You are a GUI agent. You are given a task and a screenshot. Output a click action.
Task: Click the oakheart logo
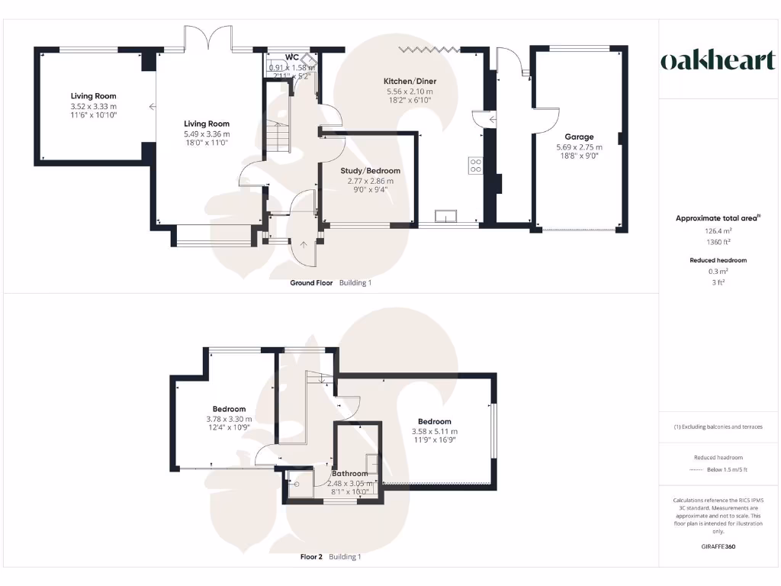[x=717, y=61]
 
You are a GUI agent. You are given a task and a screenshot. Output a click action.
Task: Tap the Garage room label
[x=579, y=137]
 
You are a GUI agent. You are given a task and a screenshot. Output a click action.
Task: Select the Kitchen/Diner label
[x=410, y=81]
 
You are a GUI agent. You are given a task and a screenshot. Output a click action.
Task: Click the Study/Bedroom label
[x=370, y=171]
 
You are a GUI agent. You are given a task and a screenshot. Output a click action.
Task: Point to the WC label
[x=291, y=57]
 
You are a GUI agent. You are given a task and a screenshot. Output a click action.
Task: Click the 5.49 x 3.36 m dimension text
[x=207, y=134]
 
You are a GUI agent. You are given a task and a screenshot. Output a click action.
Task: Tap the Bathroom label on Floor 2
[x=350, y=474]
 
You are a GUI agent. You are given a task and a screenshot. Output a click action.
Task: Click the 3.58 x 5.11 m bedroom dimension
[x=434, y=431]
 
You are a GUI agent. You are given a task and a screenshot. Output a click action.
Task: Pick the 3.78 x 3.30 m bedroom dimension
[x=229, y=419]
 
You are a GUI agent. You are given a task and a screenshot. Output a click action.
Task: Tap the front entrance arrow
[x=304, y=246]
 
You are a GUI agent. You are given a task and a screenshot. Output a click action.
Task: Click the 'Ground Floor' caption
[x=311, y=283]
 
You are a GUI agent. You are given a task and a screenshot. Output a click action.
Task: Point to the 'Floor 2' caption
[x=312, y=557]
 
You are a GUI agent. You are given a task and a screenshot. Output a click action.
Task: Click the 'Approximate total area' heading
[x=717, y=218]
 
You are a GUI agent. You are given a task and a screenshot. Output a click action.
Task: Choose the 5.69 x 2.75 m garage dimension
[x=579, y=147]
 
